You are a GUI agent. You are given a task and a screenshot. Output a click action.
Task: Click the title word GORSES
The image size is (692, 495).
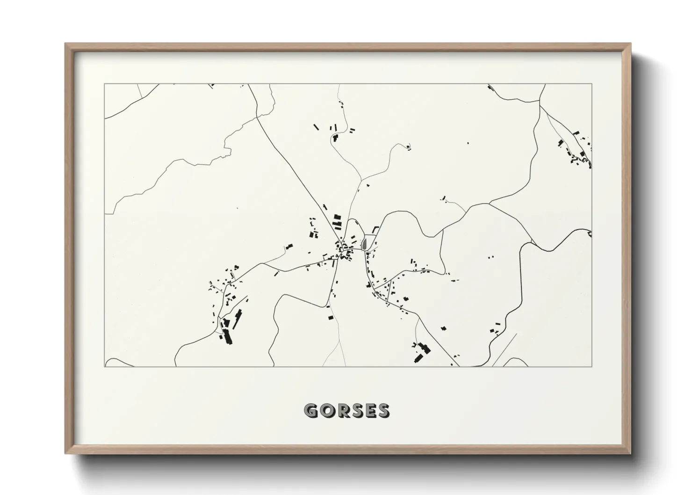click(x=346, y=411)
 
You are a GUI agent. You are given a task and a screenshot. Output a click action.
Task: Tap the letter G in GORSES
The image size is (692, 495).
click(x=310, y=411)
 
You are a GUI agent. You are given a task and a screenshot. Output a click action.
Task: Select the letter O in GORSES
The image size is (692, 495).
click(x=325, y=411)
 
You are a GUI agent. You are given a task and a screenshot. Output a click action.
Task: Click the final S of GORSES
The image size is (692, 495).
click(x=382, y=411)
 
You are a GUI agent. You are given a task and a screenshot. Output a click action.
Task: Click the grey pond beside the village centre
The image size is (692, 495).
click(x=364, y=243)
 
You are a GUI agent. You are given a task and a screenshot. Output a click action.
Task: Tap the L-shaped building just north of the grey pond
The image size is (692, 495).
click(x=374, y=229)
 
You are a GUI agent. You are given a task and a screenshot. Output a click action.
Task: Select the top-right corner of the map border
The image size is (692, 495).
click(x=592, y=84)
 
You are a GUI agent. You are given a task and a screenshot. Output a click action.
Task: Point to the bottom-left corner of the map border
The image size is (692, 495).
click(x=105, y=366)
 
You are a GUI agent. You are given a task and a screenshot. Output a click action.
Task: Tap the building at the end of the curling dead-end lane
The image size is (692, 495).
click(x=409, y=148)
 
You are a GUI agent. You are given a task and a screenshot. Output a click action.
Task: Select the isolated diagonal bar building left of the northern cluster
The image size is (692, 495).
click(x=316, y=126)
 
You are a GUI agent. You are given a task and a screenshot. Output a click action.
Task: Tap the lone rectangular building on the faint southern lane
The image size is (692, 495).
click(x=331, y=318)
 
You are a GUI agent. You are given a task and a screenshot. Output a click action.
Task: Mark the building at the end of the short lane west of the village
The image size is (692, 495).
click(x=289, y=246)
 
